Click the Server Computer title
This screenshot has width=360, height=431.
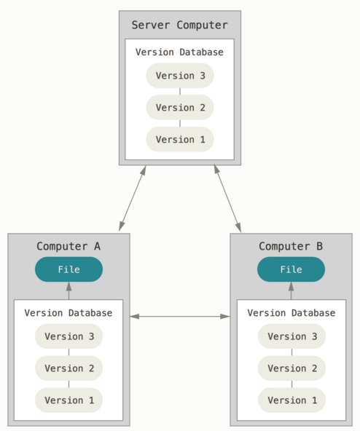point(180,25)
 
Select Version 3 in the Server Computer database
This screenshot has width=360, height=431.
point(180,76)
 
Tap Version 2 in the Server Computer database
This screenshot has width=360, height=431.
point(180,108)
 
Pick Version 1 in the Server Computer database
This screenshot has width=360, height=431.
point(180,139)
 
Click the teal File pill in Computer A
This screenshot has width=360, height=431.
point(69,269)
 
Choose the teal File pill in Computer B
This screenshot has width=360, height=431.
point(291,269)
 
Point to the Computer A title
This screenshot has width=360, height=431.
point(69,246)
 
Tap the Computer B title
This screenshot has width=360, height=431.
point(291,246)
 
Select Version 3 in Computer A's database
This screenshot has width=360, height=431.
point(69,336)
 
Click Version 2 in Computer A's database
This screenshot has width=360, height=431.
point(69,368)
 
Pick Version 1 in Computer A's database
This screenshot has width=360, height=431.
point(69,400)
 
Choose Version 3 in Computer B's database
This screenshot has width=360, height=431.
point(291,336)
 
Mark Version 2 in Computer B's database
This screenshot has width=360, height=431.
point(291,368)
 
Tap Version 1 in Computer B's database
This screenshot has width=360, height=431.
point(291,400)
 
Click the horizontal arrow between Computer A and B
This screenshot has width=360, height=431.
point(180,317)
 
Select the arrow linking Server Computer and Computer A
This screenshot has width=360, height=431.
point(133,198)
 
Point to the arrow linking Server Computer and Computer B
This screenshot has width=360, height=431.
point(227,198)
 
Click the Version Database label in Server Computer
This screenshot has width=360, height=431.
point(179,52)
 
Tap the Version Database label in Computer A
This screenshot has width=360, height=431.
point(69,313)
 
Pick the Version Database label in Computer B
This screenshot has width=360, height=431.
point(291,313)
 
